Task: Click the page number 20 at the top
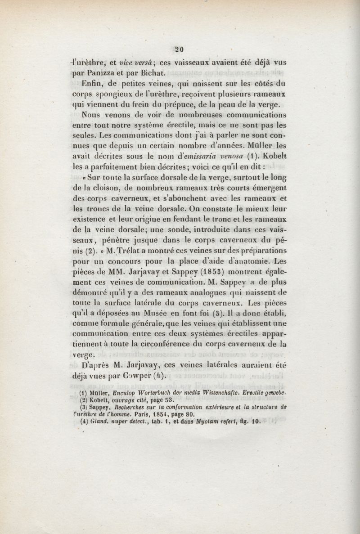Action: (180, 49)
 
